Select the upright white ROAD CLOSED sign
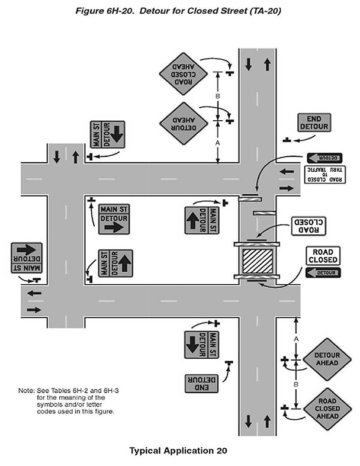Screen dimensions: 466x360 click(x=322, y=256)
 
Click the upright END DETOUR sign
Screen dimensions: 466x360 click(x=314, y=123)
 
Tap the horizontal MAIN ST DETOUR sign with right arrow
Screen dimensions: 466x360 click(x=114, y=218)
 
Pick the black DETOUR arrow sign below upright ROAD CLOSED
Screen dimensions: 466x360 click(x=322, y=273)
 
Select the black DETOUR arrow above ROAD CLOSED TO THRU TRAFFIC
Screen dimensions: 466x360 click(x=325, y=158)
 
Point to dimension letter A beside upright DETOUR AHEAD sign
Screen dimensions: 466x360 click(x=295, y=337)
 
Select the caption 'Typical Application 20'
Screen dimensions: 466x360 click(x=177, y=451)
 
